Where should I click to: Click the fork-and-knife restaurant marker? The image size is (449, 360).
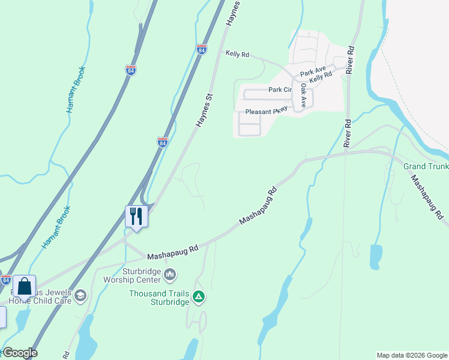[136, 215]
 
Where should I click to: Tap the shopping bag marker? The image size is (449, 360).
[25, 286]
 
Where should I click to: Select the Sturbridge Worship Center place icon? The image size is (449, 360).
[170, 275]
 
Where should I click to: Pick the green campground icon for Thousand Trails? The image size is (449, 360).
[199, 296]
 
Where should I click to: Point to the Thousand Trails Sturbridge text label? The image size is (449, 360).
[160, 297]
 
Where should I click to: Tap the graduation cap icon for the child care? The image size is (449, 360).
[80, 295]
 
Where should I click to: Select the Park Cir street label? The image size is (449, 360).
[280, 90]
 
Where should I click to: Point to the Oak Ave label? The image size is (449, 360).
[304, 95]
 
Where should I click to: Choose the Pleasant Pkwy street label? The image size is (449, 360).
[267, 112]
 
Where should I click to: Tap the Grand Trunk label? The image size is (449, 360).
[426, 166]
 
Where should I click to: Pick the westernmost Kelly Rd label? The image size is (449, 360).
[237, 54]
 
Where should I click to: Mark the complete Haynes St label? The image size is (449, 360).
[205, 109]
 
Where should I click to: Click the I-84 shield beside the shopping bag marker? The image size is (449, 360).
[5, 280]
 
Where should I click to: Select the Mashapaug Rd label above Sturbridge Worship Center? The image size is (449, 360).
[173, 251]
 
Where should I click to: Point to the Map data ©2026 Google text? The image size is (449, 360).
[412, 355]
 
